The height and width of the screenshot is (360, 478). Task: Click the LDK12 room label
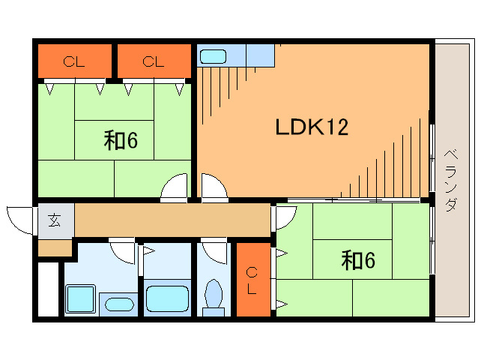pyautogui.click(x=312, y=127)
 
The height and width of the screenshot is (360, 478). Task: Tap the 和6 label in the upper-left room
pyautogui.click(x=121, y=140)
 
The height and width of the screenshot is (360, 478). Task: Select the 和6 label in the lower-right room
pyautogui.click(x=357, y=260)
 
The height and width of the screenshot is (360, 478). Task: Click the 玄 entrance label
pyautogui.click(x=55, y=220)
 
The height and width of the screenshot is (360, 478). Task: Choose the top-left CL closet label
pyautogui.click(x=73, y=62)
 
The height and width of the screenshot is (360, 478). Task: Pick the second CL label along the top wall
pyautogui.click(x=154, y=62)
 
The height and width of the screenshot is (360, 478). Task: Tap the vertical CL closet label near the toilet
pyautogui.click(x=252, y=278)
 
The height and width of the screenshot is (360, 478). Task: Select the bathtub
pyautogui.click(x=167, y=299)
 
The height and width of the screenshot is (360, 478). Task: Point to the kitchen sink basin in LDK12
pyautogui.click(x=213, y=56)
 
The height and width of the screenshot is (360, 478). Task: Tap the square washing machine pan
pyautogui.click(x=80, y=300)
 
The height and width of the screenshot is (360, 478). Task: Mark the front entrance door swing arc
pyautogui.click(x=20, y=218)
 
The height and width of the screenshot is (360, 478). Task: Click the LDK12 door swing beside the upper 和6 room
pyautogui.click(x=212, y=187)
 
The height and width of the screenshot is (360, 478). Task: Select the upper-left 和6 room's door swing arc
pyautogui.click(x=175, y=187)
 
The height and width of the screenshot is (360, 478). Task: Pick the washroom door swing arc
pyautogui.click(x=121, y=250)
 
